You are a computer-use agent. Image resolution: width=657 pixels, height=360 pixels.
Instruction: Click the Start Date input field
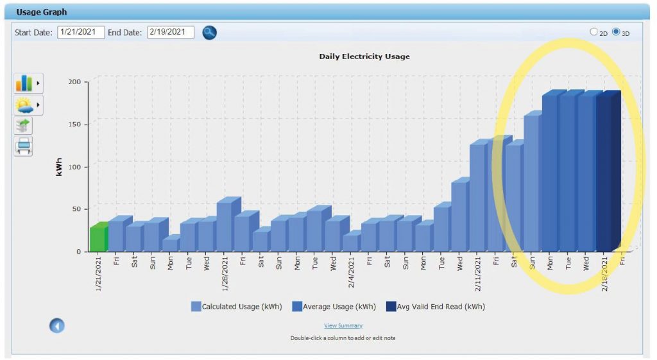pyautogui.click(x=81, y=32)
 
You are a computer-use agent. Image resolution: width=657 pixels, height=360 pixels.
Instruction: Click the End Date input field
pyautogui.click(x=170, y=32)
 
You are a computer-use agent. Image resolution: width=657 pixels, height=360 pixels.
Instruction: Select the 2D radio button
pyautogui.click(x=593, y=32)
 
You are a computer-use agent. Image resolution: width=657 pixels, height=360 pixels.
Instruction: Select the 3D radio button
pyautogui.click(x=616, y=32)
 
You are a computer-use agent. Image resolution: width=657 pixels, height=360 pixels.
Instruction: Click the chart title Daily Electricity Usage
pyautogui.click(x=364, y=56)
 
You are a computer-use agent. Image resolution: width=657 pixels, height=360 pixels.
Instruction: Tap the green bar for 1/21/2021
pyautogui.click(x=98, y=238)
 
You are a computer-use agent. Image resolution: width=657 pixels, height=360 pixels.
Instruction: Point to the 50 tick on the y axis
pyautogui.click(x=76, y=209)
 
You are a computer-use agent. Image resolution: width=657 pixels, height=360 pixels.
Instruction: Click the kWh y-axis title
pyautogui.click(x=59, y=166)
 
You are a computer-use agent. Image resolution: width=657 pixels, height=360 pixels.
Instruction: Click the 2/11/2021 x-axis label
pyautogui.click(x=479, y=272)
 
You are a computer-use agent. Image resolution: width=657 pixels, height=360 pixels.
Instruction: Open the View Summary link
pyautogui.click(x=343, y=326)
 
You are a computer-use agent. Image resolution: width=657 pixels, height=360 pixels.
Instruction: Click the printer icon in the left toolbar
pyautogui.click(x=24, y=146)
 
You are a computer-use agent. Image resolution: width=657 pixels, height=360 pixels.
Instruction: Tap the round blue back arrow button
pyautogui.click(x=57, y=326)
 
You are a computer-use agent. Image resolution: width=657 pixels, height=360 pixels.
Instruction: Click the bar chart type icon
pyautogui.click(x=24, y=83)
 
